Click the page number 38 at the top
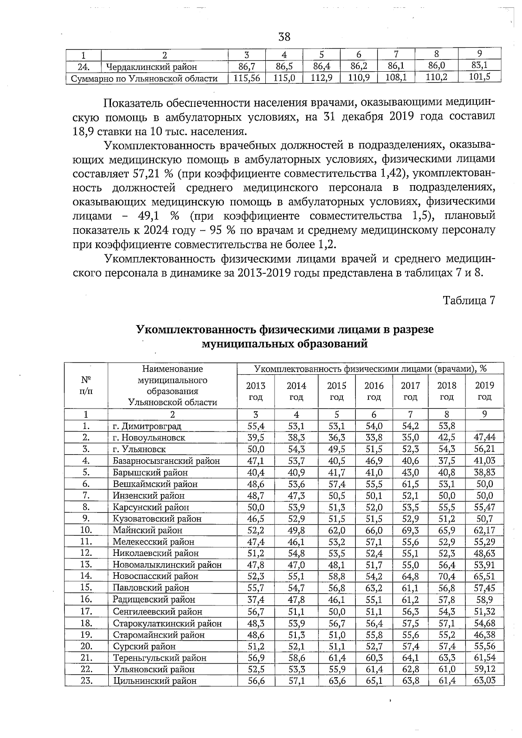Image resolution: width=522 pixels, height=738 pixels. click(x=284, y=37)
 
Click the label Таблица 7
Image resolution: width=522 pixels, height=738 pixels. click(x=469, y=300)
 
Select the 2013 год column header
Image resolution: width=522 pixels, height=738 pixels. click(x=255, y=391)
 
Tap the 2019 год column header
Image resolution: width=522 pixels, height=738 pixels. click(x=484, y=391)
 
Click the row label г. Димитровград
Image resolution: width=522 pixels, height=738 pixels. click(x=147, y=426)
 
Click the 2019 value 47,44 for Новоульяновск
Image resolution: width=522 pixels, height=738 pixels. click(x=484, y=437)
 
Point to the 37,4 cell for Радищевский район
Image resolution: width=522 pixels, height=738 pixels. click(x=256, y=599)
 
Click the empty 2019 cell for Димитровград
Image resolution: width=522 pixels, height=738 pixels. click(x=484, y=426)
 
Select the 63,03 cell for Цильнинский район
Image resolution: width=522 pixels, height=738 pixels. click(x=484, y=681)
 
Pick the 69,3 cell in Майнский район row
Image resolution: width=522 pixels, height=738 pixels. click(x=410, y=530)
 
